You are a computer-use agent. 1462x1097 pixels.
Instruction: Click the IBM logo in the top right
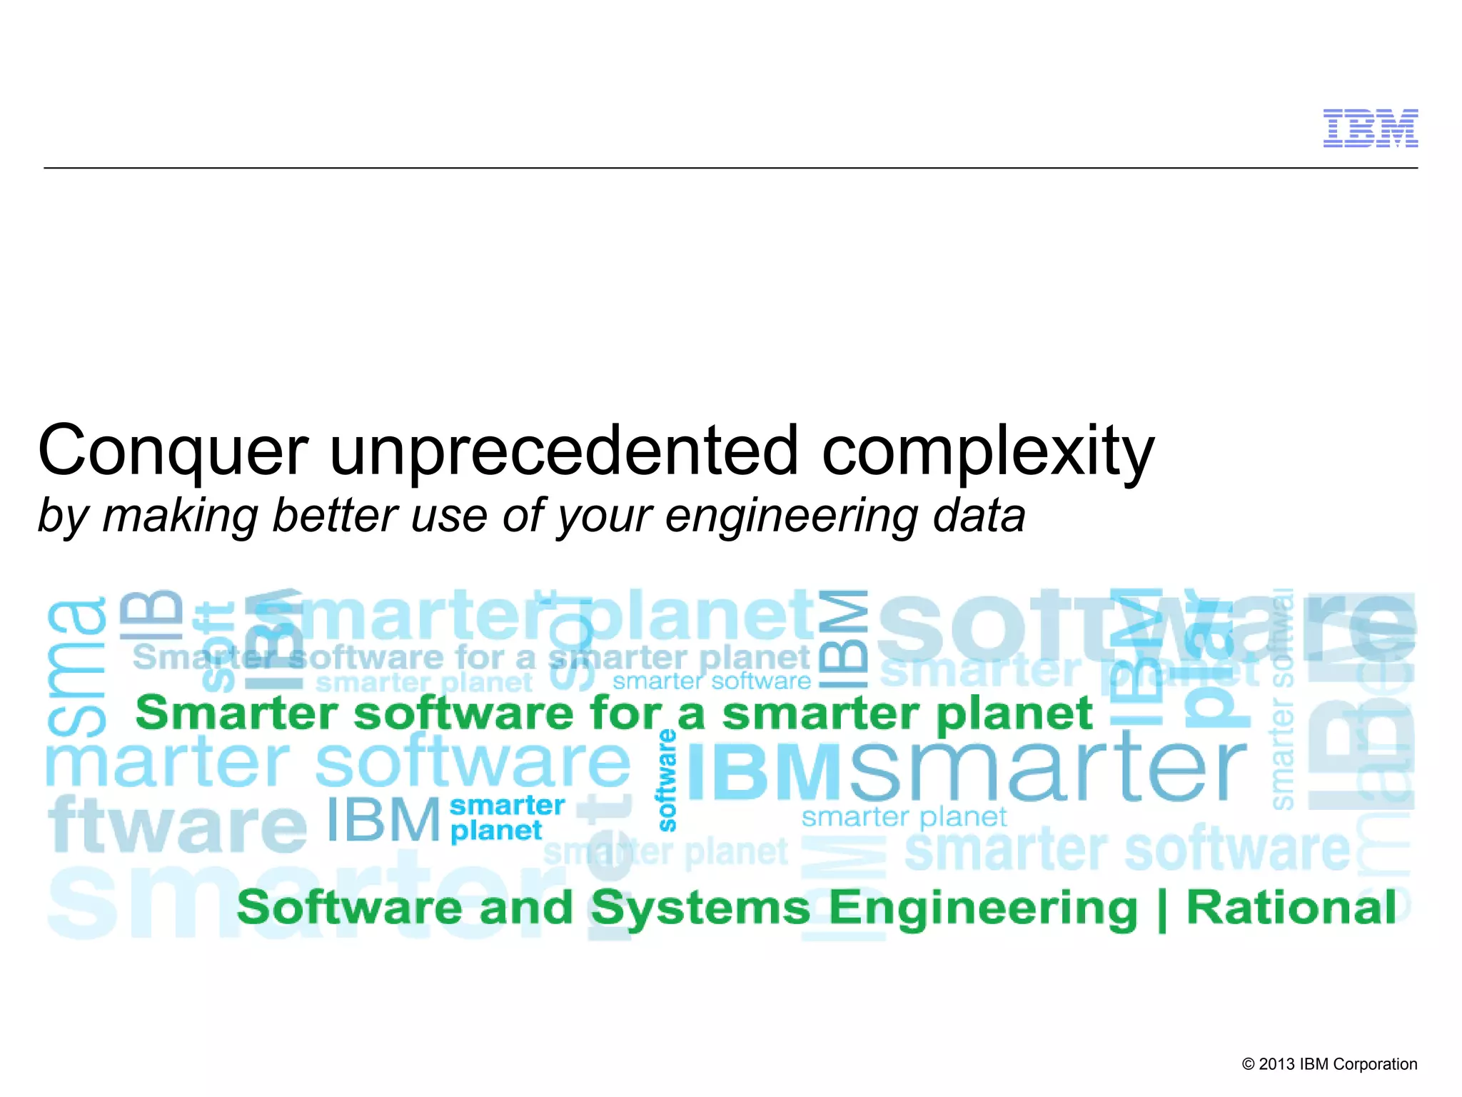pyautogui.click(x=1370, y=129)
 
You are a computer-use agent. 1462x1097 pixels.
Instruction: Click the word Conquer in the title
pyautogui.click(x=173, y=451)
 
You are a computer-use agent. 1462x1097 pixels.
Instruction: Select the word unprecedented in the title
pyautogui.click(x=563, y=451)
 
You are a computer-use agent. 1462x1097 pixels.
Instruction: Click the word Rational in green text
pyautogui.click(x=1291, y=908)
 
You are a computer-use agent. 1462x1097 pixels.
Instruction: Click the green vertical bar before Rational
pyautogui.click(x=1161, y=910)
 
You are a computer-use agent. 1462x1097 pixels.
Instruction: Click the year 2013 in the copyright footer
pyautogui.click(x=1276, y=1064)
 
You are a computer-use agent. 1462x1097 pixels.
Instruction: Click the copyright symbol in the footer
pyautogui.click(x=1249, y=1064)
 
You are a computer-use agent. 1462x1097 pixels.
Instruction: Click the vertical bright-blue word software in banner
pyautogui.click(x=667, y=780)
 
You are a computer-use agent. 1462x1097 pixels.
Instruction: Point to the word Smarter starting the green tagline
pyautogui.click(x=236, y=713)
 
